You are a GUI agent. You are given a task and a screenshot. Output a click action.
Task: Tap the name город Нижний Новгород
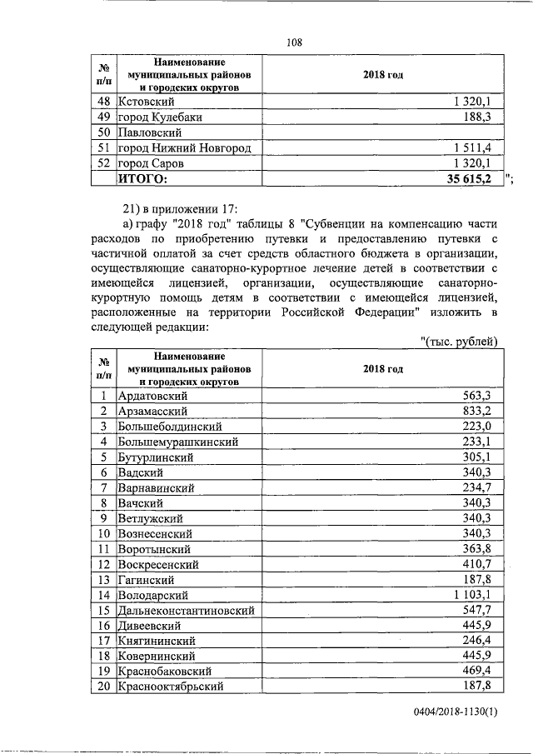coord(184,148)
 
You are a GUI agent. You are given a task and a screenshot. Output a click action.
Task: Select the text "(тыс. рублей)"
coord(461,341)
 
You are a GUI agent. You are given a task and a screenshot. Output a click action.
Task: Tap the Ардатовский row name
coord(152,396)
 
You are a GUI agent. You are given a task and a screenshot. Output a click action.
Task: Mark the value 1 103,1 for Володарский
coord(477,595)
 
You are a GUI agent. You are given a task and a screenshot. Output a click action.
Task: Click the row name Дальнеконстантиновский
coord(187,610)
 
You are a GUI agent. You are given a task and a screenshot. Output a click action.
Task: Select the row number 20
coord(104,686)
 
